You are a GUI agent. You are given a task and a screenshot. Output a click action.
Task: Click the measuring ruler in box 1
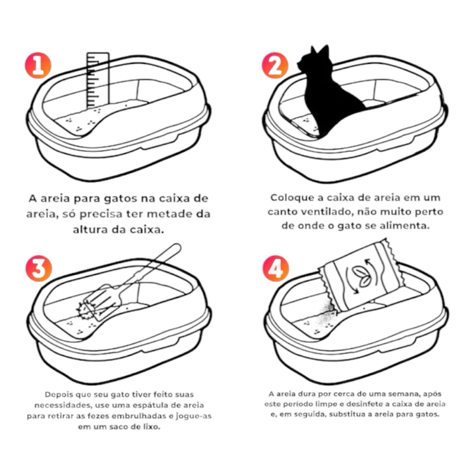point(98,80)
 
